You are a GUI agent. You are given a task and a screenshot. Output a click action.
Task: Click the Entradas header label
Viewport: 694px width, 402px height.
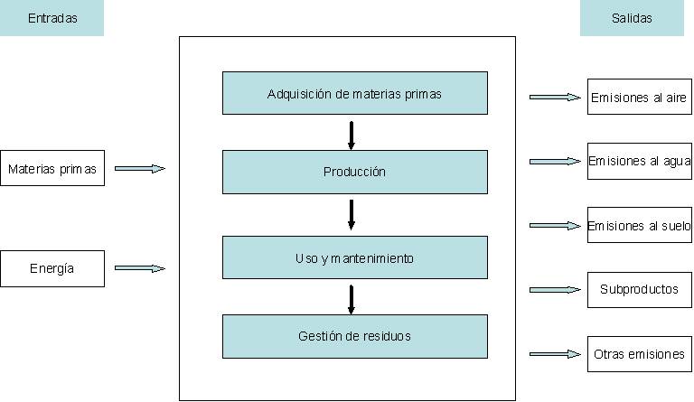click(x=52, y=18)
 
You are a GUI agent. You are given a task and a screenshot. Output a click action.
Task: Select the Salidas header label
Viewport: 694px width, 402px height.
click(x=632, y=18)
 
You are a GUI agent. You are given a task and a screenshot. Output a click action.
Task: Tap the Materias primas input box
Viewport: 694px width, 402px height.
click(x=52, y=168)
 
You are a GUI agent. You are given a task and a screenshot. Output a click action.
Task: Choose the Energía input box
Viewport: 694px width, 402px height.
click(x=52, y=268)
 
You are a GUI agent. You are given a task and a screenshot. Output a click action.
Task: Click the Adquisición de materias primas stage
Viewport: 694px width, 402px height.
click(x=355, y=93)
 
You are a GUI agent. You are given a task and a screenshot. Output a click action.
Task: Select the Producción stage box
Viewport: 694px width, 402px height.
click(x=355, y=172)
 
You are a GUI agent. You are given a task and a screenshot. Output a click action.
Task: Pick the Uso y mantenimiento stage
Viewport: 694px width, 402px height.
click(x=355, y=258)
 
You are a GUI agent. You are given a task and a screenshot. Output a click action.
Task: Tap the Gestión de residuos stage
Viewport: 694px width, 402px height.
click(x=355, y=336)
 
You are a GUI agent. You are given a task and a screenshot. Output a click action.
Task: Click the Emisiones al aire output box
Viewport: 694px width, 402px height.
click(x=639, y=97)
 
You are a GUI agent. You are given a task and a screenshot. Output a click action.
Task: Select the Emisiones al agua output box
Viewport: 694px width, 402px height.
click(x=639, y=161)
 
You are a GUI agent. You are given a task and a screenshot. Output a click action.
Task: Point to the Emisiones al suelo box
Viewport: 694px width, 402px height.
click(x=639, y=226)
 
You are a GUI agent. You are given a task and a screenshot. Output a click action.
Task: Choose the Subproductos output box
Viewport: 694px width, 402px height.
click(x=639, y=290)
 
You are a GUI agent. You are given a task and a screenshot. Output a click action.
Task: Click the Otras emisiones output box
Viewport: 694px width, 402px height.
click(x=639, y=354)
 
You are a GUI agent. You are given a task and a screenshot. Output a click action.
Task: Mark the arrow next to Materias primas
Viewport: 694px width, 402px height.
click(x=140, y=168)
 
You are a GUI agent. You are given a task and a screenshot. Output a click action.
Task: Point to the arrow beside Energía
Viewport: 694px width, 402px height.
click(x=140, y=268)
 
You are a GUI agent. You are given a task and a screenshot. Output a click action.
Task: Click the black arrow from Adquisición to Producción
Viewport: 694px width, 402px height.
click(x=352, y=133)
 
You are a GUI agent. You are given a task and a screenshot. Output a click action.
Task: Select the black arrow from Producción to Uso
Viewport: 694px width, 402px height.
click(x=352, y=214)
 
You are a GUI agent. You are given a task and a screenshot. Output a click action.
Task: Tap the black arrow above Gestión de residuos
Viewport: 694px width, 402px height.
click(x=352, y=298)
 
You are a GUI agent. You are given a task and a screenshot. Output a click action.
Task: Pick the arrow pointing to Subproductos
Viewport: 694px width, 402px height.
click(x=555, y=290)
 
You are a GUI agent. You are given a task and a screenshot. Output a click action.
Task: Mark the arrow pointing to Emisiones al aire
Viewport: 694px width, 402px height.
click(x=555, y=97)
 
